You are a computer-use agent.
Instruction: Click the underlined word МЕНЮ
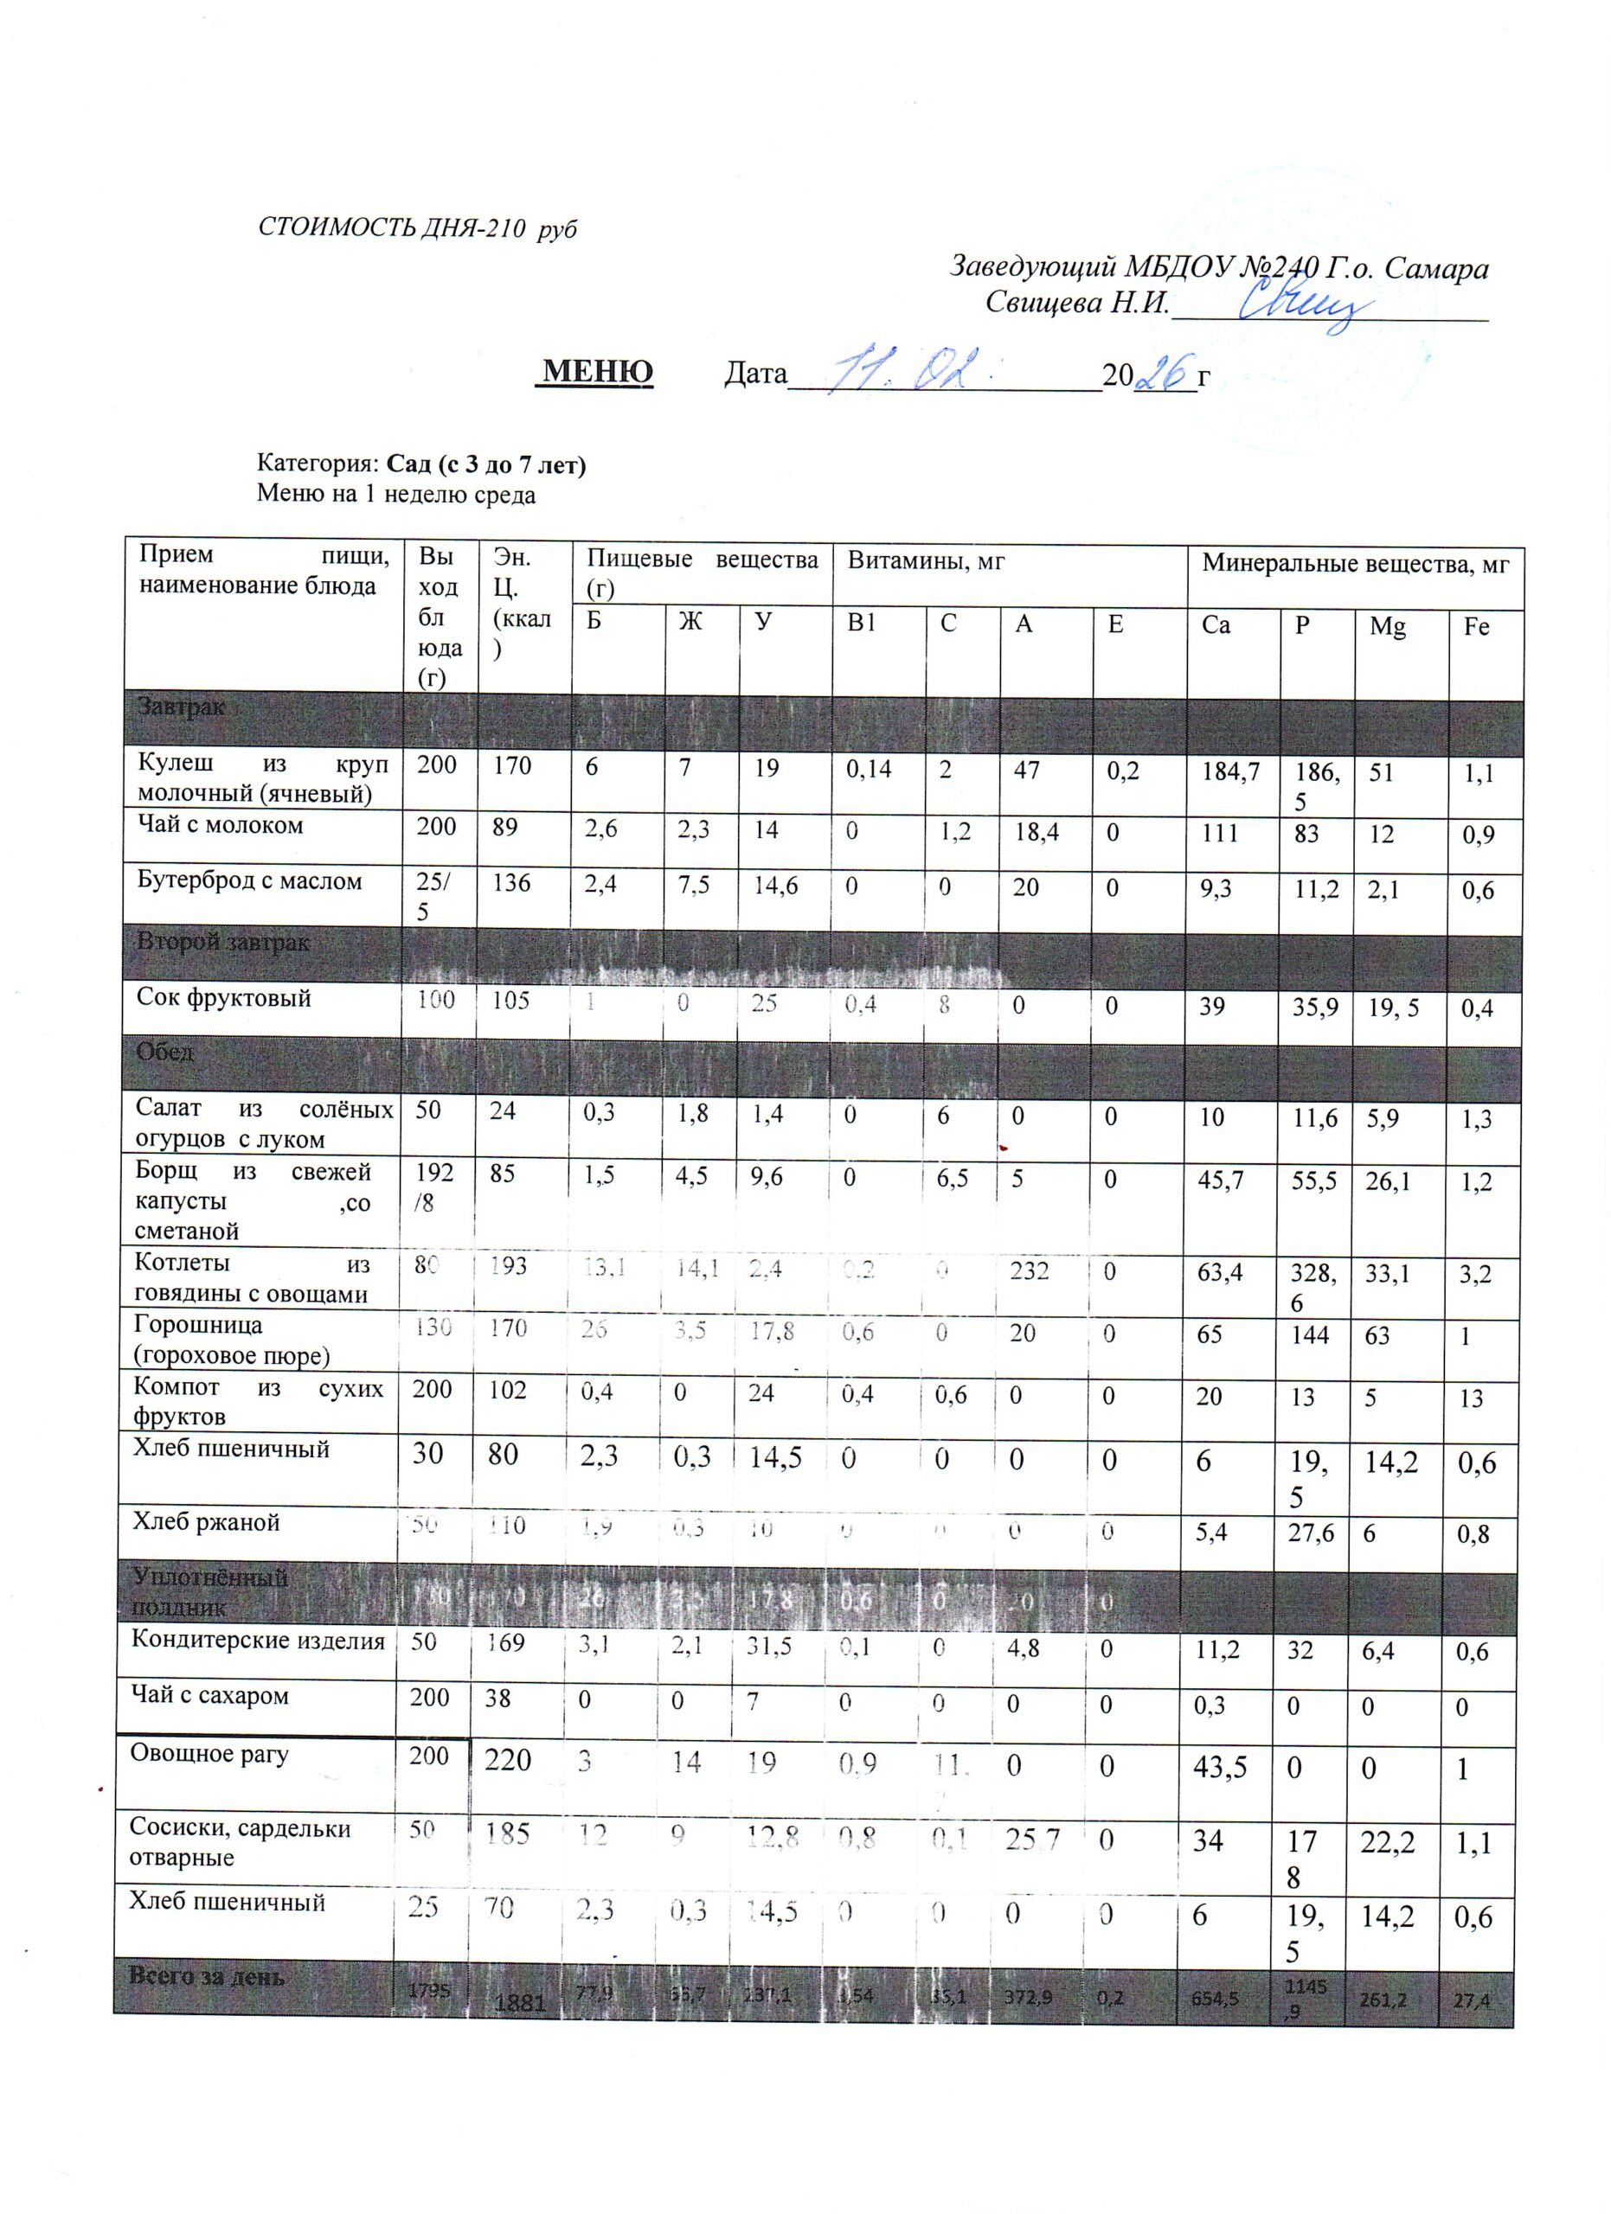coord(598,372)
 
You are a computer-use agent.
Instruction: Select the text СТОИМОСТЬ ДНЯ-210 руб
coord(417,228)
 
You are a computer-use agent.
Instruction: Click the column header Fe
coord(1475,626)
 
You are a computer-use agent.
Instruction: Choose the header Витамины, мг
coord(926,561)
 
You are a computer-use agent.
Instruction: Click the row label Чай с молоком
coord(220,825)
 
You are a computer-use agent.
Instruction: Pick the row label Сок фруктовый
coord(223,998)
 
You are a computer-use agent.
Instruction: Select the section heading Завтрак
coord(182,707)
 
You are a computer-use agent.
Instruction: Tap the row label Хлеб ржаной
coord(206,1522)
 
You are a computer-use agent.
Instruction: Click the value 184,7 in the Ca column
coord(1230,771)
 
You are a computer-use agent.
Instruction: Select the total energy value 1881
coord(519,2003)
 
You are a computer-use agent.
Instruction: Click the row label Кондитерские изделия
coord(258,1640)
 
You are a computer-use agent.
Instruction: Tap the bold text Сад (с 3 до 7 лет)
coord(486,464)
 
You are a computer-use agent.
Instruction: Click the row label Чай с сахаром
coord(210,1695)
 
